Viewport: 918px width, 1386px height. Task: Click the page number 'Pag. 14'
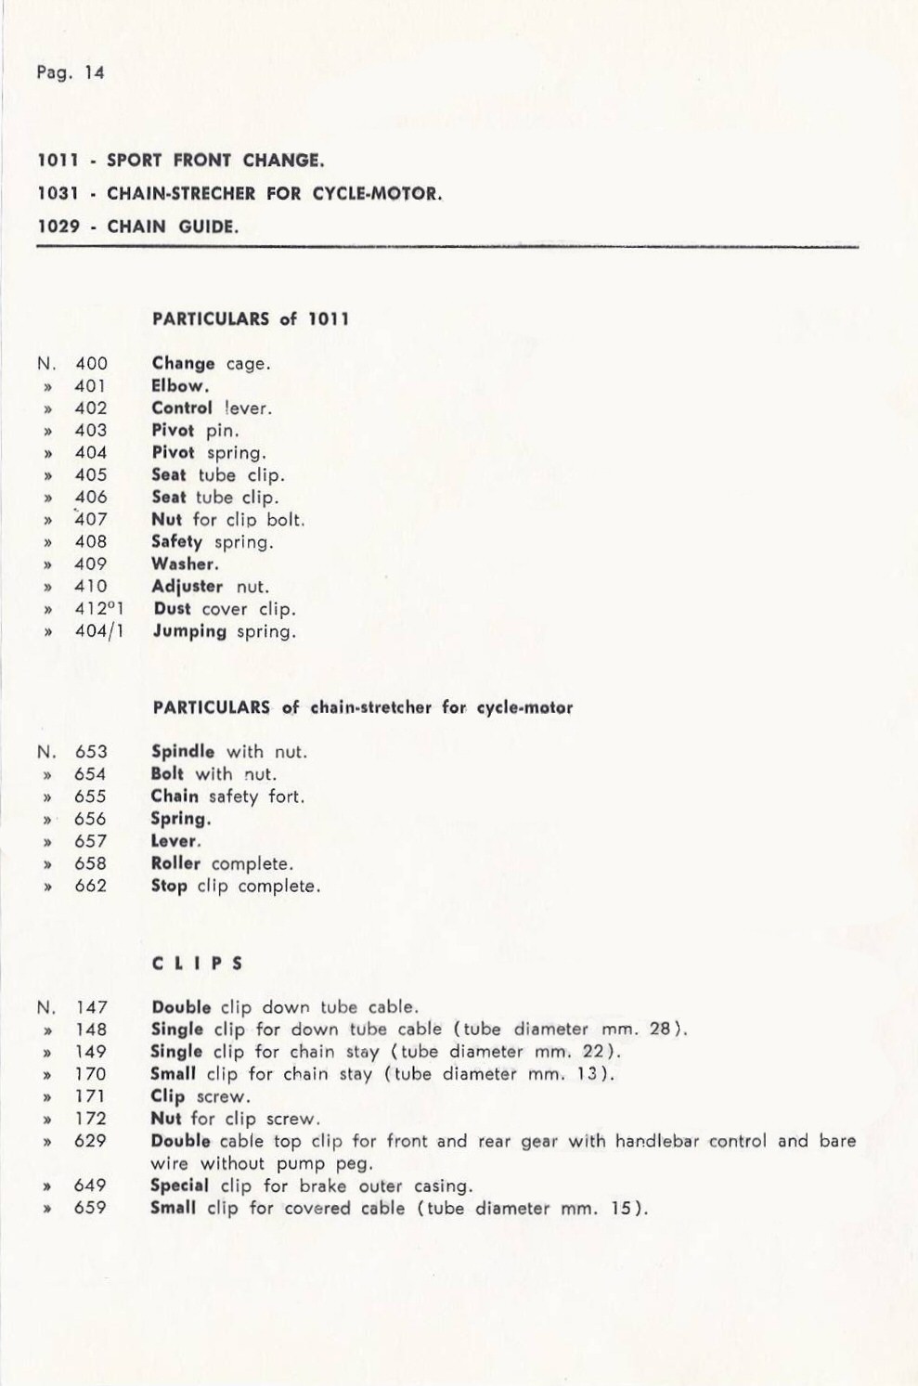pyautogui.click(x=71, y=72)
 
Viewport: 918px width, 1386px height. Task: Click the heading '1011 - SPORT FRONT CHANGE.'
pyautogui.click(x=180, y=161)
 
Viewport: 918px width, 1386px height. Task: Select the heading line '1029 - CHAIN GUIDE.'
pyautogui.click(x=137, y=227)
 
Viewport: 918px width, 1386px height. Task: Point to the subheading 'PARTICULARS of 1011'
pyautogui.click(x=251, y=319)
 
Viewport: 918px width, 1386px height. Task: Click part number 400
pyautogui.click(x=91, y=364)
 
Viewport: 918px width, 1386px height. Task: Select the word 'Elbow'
pyautogui.click(x=179, y=386)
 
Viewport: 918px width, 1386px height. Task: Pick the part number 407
pyautogui.click(x=91, y=520)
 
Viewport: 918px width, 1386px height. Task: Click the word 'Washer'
pyautogui.click(x=185, y=564)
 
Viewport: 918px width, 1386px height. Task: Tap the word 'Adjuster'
pyautogui.click(x=187, y=587)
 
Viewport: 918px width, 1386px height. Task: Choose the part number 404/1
pyautogui.click(x=99, y=631)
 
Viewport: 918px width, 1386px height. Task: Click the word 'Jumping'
pyautogui.click(x=189, y=631)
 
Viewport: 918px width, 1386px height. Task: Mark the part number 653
pyautogui.click(x=91, y=752)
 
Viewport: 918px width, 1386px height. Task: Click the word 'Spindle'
pyautogui.click(x=183, y=752)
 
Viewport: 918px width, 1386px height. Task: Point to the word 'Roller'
pyautogui.click(x=175, y=863)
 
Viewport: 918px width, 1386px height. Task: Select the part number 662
pyautogui.click(x=91, y=886)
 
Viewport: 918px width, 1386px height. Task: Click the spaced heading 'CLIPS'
pyautogui.click(x=197, y=964)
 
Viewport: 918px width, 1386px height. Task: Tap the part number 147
pyautogui.click(x=91, y=1007)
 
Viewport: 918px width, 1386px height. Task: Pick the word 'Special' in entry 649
pyautogui.click(x=179, y=1185)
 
